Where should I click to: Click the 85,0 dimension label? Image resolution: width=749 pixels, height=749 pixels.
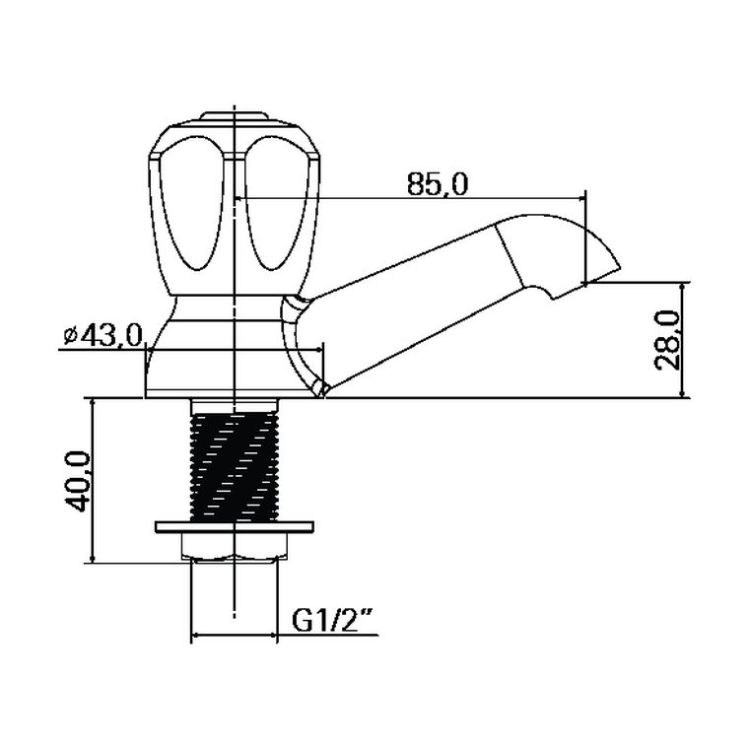pyautogui.click(x=437, y=184)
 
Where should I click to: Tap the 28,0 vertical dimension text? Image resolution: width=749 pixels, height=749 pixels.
pyautogui.click(x=667, y=340)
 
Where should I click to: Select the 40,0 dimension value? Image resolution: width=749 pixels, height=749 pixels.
pyautogui.click(x=78, y=482)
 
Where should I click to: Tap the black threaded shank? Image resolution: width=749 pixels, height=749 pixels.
pyautogui.click(x=235, y=466)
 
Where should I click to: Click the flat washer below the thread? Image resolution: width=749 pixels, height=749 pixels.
pyautogui.click(x=235, y=526)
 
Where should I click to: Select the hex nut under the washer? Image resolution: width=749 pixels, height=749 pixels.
pyautogui.click(x=235, y=546)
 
